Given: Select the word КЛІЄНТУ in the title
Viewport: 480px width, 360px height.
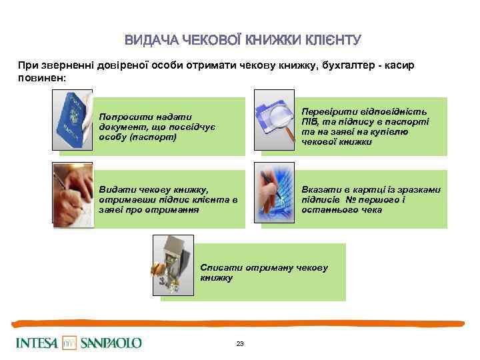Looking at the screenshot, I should (x=329, y=40).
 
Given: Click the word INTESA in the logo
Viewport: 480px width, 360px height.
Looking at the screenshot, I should (x=37, y=343).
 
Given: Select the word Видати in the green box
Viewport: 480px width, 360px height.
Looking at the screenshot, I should (x=115, y=190).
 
